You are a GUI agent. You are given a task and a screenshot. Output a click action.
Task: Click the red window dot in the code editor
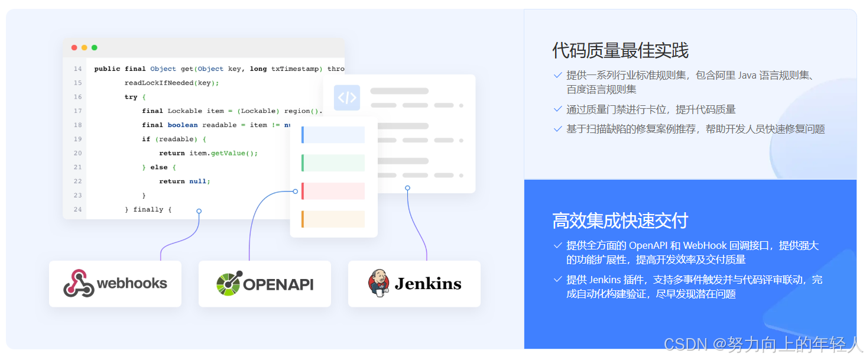pos(74,48)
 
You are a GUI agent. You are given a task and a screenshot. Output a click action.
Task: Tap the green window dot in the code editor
pos(95,48)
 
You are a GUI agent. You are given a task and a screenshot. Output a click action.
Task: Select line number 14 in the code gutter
pos(78,69)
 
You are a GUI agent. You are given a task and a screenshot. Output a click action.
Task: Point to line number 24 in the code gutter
pos(78,209)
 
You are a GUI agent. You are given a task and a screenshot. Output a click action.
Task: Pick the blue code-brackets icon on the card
pos(347,98)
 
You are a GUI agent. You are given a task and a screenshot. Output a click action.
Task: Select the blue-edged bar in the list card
pos(333,135)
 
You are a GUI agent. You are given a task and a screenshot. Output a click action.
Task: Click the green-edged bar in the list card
pos(333,163)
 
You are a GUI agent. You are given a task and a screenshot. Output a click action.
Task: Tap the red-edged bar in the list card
pos(333,191)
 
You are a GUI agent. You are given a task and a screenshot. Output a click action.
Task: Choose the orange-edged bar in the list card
pos(333,219)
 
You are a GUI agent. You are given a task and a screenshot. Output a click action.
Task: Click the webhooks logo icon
pos(79,284)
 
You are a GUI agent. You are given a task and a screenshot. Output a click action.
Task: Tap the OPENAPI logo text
pos(278,284)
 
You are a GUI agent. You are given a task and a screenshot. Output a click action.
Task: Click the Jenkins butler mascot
pos(378,283)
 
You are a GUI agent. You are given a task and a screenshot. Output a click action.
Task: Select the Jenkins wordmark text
pos(428,284)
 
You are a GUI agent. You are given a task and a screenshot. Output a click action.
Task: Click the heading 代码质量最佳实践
pos(621,51)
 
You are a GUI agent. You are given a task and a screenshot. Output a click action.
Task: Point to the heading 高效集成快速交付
pos(621,221)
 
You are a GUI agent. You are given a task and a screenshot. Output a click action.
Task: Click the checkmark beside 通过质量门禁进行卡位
pos(557,109)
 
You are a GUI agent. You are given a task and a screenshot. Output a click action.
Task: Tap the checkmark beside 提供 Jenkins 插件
pos(557,279)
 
